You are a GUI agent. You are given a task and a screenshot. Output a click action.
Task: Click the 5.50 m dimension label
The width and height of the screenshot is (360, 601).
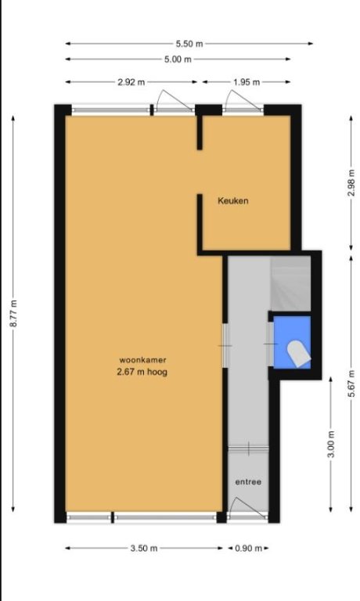[x=189, y=44]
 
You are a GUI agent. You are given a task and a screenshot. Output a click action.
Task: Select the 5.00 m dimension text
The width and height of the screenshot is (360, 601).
[x=178, y=59]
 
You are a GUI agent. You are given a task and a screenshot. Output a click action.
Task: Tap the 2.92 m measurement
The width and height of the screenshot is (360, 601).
[x=131, y=82]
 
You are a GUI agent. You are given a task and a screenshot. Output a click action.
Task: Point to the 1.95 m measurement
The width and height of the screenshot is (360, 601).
[x=247, y=82]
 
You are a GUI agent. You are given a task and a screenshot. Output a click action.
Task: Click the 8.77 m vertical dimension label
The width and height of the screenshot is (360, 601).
[x=13, y=314]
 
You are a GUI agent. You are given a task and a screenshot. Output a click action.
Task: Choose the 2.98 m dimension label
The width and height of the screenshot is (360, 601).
[x=351, y=183]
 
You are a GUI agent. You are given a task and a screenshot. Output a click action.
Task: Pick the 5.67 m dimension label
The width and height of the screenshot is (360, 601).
[x=351, y=383]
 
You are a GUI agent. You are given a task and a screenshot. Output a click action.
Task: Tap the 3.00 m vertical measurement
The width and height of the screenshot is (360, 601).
[x=331, y=444]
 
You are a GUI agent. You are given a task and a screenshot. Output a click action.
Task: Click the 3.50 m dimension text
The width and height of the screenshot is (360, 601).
[x=144, y=548]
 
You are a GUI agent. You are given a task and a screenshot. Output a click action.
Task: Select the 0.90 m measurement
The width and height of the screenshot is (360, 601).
[x=248, y=548]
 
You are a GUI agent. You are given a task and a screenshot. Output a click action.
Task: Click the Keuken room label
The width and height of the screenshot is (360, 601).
[x=233, y=200]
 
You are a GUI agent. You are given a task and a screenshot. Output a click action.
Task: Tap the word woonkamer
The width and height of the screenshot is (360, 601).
[x=142, y=360]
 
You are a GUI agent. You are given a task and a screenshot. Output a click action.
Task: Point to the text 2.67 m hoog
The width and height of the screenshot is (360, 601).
[x=142, y=372]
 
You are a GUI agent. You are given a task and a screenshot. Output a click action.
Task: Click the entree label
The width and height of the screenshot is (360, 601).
[x=248, y=482]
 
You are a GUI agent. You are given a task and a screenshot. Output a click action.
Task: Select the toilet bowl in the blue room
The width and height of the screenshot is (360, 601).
[x=299, y=354]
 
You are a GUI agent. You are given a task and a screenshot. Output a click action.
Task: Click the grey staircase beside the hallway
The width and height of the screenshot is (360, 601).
[x=290, y=283]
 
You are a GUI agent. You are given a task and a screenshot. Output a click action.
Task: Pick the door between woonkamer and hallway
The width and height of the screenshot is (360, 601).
[x=225, y=346]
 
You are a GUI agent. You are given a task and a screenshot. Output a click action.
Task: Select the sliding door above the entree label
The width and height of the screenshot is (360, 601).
[x=248, y=448]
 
